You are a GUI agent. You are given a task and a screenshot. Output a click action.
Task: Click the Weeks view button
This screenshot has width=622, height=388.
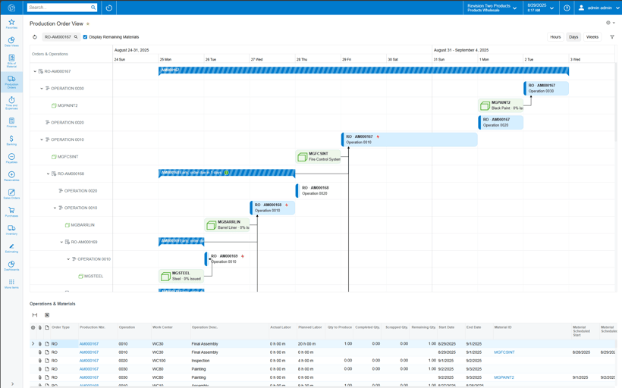pyautogui.click(x=592, y=36)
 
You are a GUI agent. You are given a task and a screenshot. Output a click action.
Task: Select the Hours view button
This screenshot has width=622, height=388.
pyautogui.click(x=555, y=36)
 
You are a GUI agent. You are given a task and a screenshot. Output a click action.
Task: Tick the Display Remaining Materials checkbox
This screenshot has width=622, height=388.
pyautogui.click(x=85, y=36)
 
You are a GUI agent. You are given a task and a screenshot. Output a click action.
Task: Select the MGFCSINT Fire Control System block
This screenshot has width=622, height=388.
pyautogui.click(x=319, y=157)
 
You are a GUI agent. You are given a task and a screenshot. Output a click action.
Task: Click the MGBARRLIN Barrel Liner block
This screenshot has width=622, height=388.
pyautogui.click(x=228, y=225)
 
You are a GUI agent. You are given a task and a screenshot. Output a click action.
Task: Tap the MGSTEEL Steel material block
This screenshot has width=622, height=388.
pyautogui.click(x=181, y=276)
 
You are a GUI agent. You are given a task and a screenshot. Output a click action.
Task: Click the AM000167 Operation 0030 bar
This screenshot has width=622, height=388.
pyautogui.click(x=546, y=88)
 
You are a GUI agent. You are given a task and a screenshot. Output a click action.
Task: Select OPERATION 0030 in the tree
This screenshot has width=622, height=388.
pyautogui.click(x=68, y=89)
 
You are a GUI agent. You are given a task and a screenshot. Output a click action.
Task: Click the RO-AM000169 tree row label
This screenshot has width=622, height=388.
pyautogui.click(x=85, y=242)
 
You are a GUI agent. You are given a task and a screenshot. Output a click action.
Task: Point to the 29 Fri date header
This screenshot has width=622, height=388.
pyautogui.click(x=347, y=59)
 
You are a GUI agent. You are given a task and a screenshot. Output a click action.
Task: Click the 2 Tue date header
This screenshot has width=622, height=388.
pyautogui.click(x=529, y=59)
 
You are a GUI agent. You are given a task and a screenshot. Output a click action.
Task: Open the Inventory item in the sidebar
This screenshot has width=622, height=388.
pyautogui.click(x=11, y=230)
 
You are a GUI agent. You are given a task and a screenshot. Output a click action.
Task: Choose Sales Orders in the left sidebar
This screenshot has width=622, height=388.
pyautogui.click(x=11, y=194)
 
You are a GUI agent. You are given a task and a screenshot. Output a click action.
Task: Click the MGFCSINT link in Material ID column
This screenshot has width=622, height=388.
pyautogui.click(x=504, y=352)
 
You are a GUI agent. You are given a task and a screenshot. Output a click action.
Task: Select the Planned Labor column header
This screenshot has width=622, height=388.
pyautogui.click(x=310, y=327)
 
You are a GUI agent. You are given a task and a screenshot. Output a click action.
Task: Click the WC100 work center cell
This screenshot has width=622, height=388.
pyautogui.click(x=159, y=361)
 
